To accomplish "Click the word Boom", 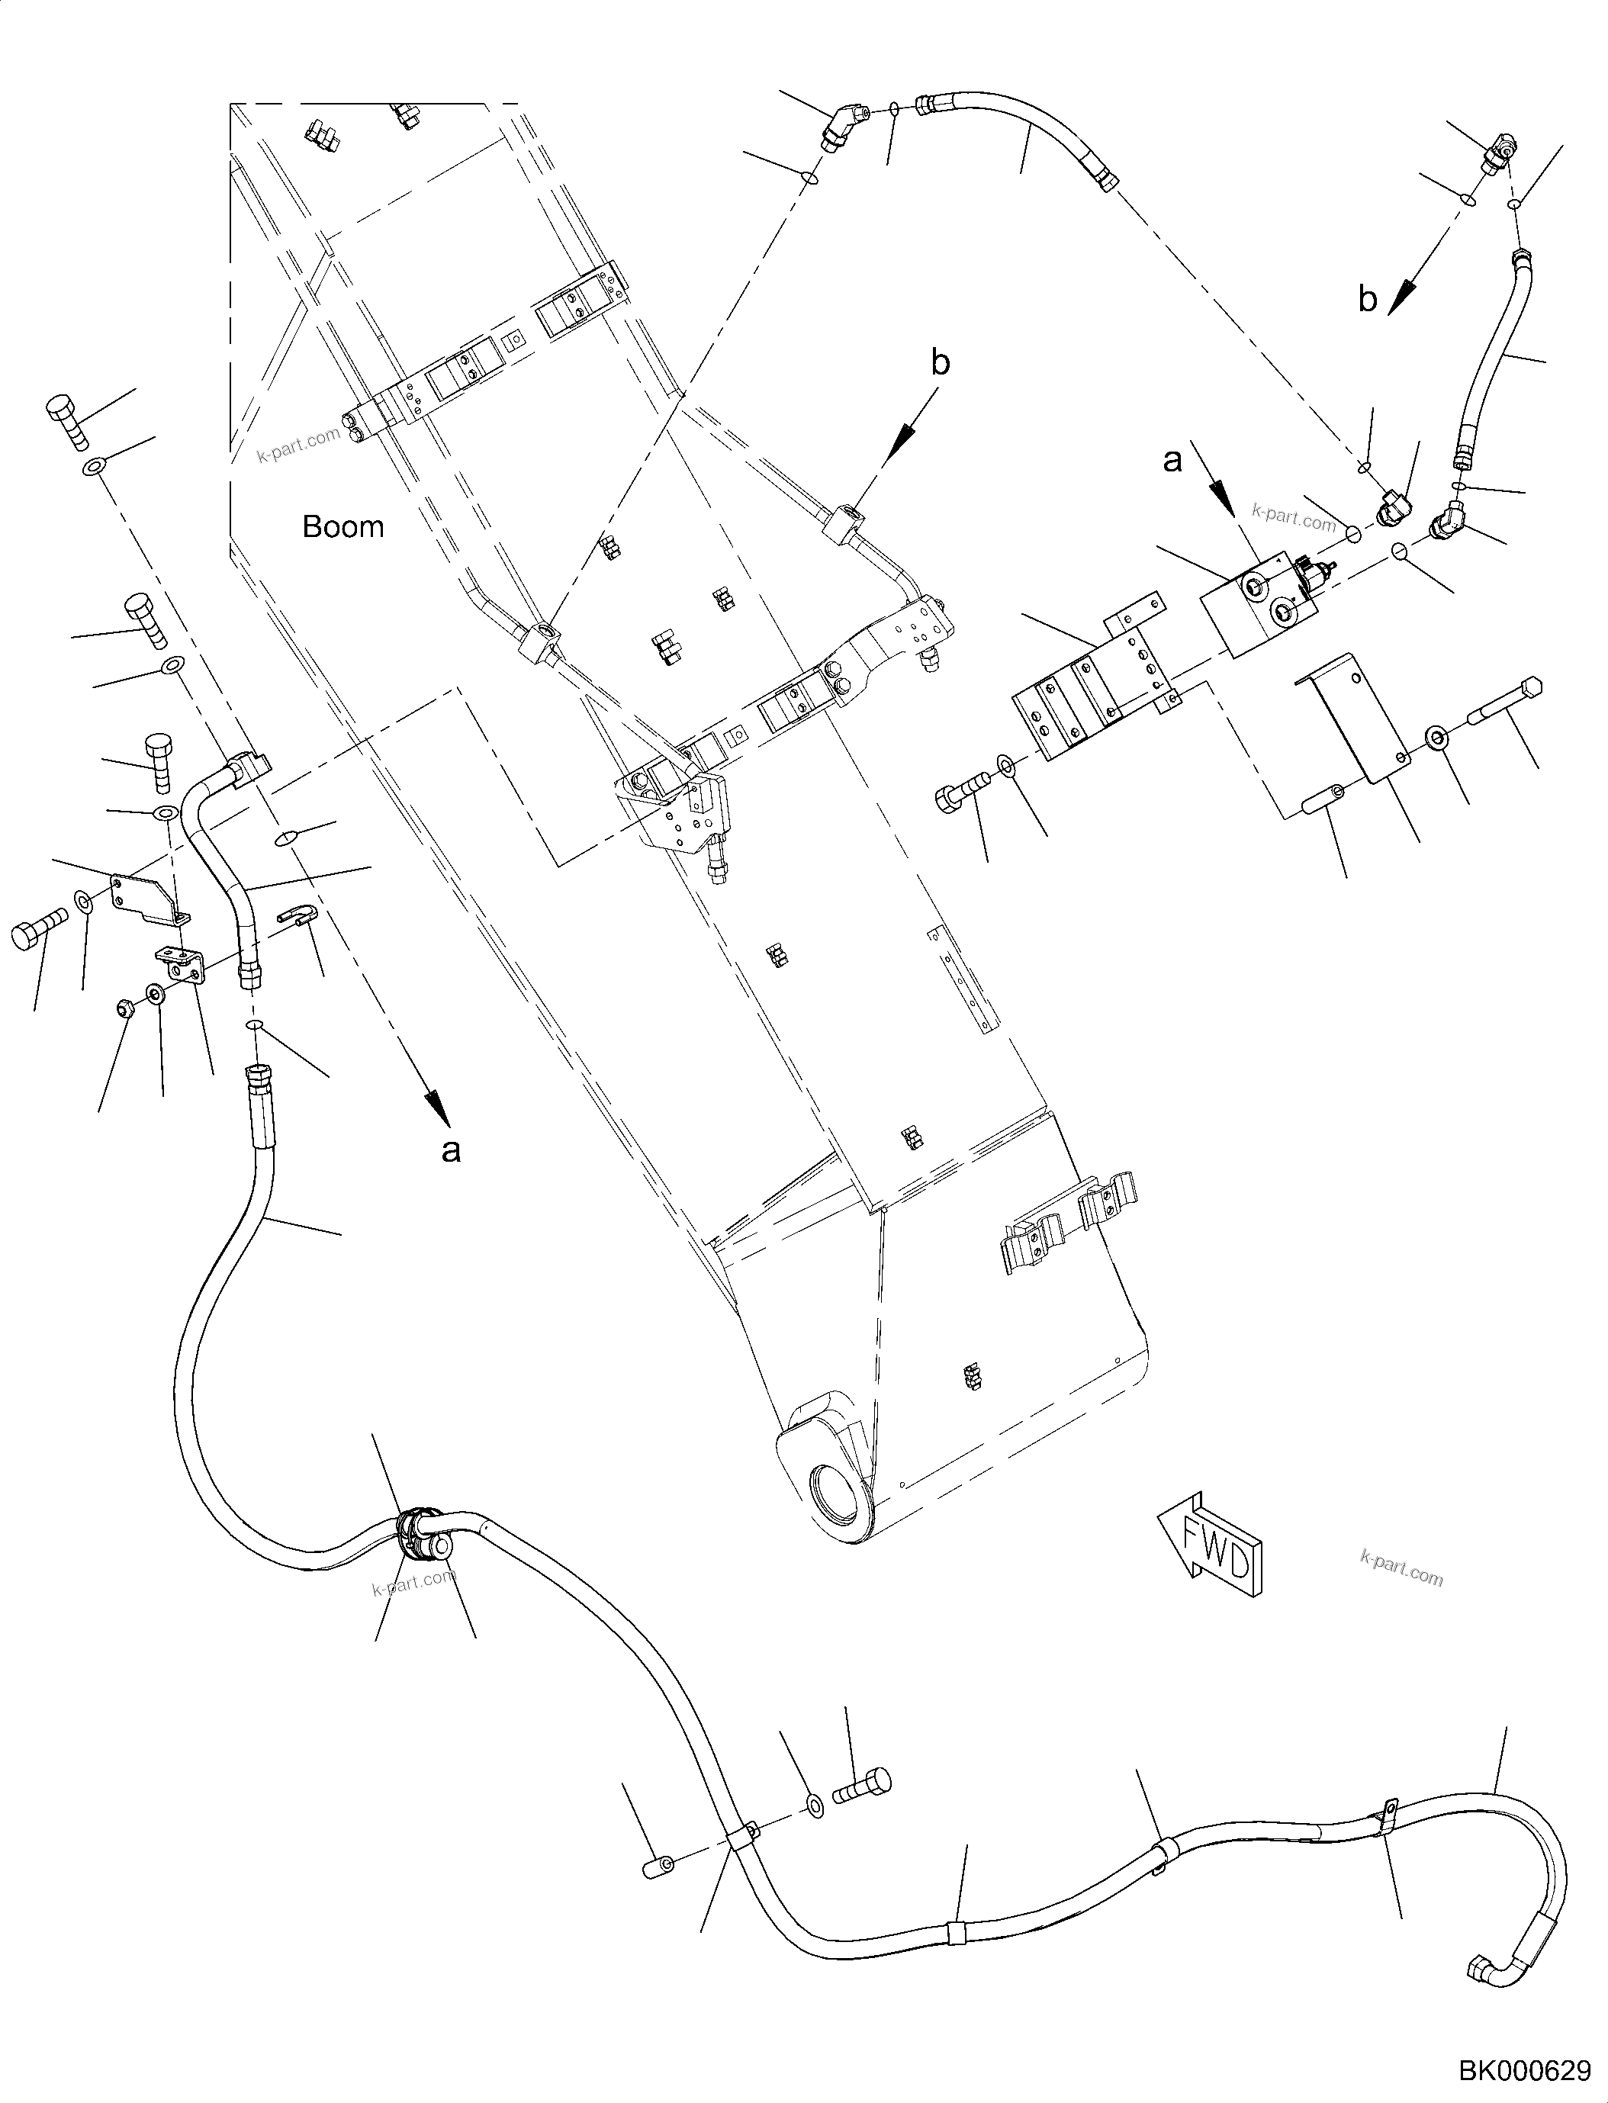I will [x=343, y=526].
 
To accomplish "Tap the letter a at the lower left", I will [x=450, y=1150].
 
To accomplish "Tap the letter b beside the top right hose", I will [x=1368, y=300].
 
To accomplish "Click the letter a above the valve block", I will [x=1172, y=461].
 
